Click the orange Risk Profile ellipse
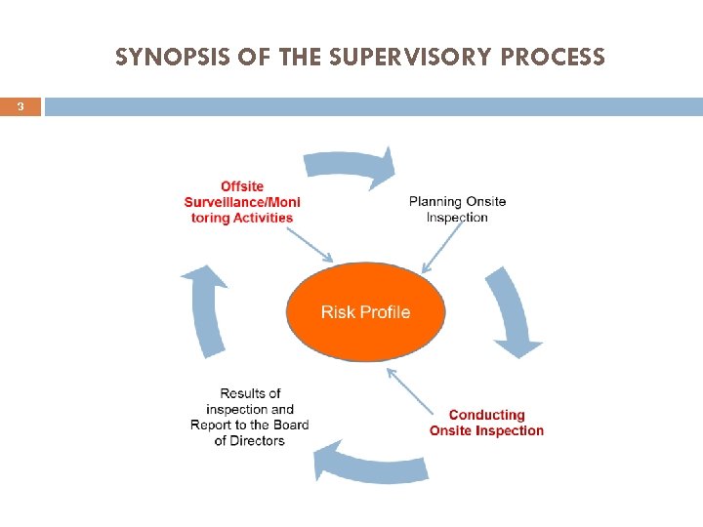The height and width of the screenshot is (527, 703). [x=365, y=312]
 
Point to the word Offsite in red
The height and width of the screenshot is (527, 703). [x=242, y=186]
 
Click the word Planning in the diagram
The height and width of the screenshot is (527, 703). [x=434, y=202]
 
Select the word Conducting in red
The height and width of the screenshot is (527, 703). [x=486, y=415]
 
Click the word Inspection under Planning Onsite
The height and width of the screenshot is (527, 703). [x=457, y=218]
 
